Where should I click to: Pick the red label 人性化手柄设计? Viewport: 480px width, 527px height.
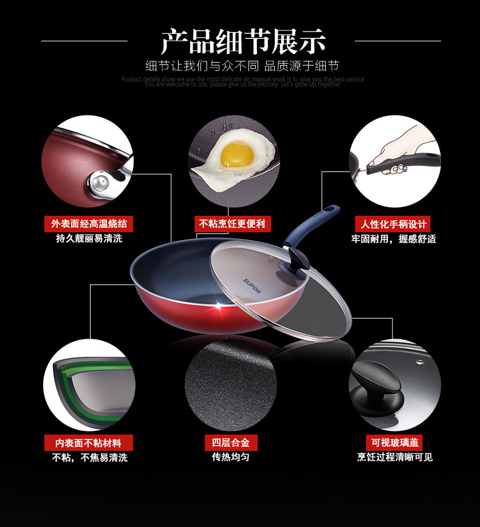point(392,223)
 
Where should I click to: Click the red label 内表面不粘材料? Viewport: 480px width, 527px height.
point(89,442)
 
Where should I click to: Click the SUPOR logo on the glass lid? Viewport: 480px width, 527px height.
point(252,286)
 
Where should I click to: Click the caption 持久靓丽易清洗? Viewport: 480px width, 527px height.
point(89,238)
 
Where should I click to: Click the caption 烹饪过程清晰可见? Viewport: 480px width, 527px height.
point(394,457)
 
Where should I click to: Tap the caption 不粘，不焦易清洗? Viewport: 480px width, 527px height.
point(89,458)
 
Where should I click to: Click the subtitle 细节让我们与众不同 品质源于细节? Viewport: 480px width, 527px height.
point(242,66)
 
